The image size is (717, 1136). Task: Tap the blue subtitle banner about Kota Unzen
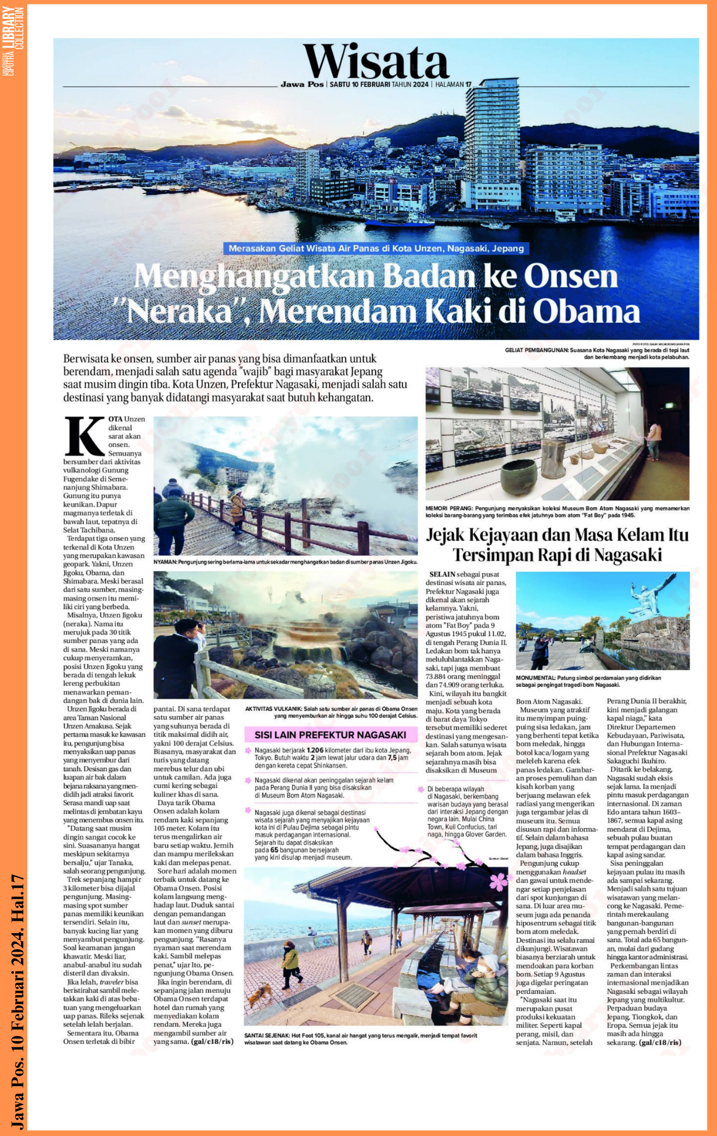tap(376, 248)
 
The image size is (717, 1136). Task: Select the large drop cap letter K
tap(85, 436)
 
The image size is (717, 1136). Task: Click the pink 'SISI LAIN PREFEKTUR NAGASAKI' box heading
tap(330, 734)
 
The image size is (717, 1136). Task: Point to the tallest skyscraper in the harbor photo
tap(491, 142)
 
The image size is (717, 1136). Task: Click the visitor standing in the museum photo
tap(655, 440)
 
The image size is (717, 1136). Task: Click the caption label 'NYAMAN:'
tap(165, 562)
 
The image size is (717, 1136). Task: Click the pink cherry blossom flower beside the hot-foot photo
tap(498, 881)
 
